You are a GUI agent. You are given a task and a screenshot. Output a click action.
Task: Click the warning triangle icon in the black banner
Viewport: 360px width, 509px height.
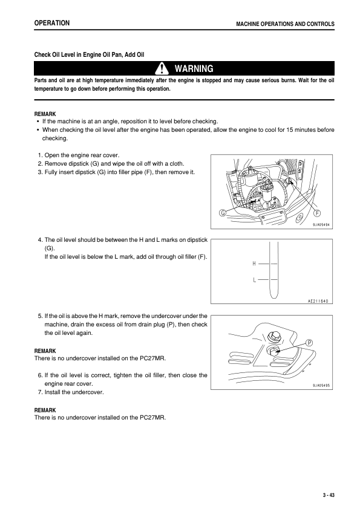click(162, 68)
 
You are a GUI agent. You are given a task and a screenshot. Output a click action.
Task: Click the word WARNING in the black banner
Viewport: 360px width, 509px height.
click(194, 69)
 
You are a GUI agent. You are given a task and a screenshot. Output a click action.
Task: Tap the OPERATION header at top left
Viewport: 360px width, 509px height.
click(52, 23)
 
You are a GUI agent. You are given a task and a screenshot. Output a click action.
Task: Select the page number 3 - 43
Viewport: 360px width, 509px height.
click(329, 495)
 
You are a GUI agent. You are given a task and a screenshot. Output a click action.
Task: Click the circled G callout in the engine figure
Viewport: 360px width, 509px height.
click(223, 213)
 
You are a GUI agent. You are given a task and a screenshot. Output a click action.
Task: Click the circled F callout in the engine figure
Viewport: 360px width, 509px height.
click(317, 213)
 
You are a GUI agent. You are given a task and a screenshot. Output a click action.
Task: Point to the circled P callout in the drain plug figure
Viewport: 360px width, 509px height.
click(309, 343)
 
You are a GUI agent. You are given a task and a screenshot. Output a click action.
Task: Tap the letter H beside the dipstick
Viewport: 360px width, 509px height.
click(254, 264)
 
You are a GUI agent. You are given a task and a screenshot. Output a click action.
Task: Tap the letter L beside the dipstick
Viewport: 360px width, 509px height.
click(254, 279)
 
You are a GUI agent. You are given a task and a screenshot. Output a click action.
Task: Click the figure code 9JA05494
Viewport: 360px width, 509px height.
click(321, 225)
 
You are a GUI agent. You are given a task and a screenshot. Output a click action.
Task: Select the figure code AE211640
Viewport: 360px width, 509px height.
click(318, 301)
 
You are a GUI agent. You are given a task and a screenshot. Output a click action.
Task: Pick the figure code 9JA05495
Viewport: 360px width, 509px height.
click(321, 385)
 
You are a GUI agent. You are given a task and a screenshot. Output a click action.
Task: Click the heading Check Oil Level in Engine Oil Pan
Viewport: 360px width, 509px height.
click(76, 54)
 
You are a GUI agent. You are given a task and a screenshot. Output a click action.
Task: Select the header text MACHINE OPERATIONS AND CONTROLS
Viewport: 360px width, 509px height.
click(285, 24)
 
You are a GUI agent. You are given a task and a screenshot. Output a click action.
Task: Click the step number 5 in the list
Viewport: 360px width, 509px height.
click(40, 316)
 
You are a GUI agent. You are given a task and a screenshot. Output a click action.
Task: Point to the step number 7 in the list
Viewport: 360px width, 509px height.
click(40, 392)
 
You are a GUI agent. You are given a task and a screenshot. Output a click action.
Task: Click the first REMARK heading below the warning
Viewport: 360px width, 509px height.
click(45, 114)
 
